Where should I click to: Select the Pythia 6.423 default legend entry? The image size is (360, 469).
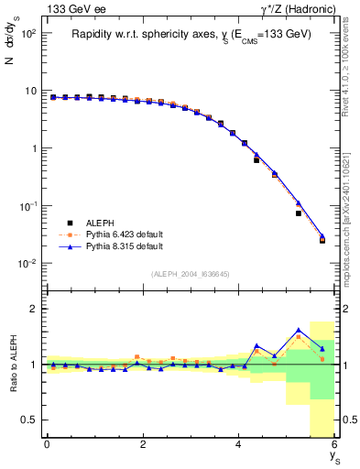tap(110, 234)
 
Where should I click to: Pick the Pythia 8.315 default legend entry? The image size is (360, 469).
tap(110, 246)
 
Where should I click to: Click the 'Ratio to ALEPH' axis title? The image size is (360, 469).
tap(13, 365)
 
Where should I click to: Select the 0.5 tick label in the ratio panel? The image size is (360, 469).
tap(28, 420)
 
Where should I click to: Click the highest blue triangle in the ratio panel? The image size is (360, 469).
tap(299, 330)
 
